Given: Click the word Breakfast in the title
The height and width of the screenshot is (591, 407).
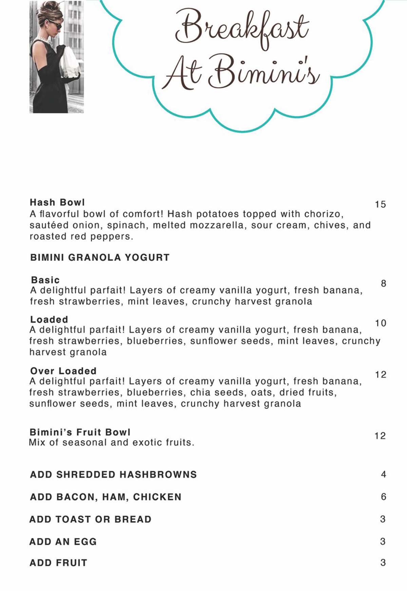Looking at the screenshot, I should pos(241,29).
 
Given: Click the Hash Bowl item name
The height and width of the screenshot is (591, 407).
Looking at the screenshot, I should pos(57,202).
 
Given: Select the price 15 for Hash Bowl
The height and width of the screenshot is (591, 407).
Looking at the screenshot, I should pos(380,204).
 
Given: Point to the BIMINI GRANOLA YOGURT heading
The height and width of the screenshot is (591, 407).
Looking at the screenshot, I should pos(100,257).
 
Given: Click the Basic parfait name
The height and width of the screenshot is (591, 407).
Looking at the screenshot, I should pos(45,280).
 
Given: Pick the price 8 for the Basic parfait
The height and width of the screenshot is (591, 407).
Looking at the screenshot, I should pos(383,284).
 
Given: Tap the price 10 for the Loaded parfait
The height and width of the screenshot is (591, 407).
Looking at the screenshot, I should pos(381,323).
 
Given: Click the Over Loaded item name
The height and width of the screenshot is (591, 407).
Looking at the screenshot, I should pos(63,371).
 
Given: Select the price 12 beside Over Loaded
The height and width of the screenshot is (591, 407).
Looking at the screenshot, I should pos(381,375).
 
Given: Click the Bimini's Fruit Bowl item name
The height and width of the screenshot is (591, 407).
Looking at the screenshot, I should pos(80,432).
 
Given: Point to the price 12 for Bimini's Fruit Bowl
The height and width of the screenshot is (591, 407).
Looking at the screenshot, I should pos(380,436).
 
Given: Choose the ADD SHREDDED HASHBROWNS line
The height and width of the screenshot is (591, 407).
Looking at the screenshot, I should pos(113,474).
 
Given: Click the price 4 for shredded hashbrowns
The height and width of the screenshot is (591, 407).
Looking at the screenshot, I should pos(383,474).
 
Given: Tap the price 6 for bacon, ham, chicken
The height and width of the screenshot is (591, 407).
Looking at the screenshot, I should pos(383,497).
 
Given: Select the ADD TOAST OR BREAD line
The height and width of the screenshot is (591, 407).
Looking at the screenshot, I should pos(90,519).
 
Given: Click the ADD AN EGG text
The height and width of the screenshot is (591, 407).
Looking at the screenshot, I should pos(63,541).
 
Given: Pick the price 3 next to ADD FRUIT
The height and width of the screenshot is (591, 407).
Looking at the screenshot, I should pos(383,563).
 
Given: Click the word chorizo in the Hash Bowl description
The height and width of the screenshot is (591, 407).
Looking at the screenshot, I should pos(324,214).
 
